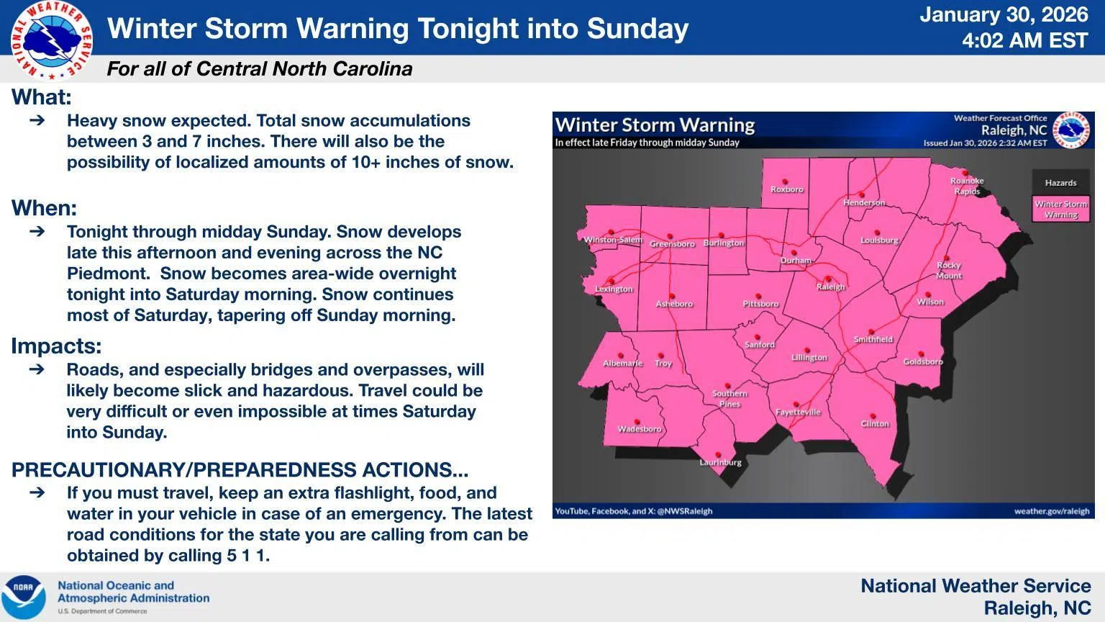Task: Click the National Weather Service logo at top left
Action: point(51,40)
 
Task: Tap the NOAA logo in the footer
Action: point(23,597)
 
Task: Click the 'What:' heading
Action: point(42,97)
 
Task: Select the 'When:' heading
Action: point(45,208)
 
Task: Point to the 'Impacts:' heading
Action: point(56,346)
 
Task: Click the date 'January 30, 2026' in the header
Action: point(1004,14)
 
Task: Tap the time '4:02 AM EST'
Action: point(1025,40)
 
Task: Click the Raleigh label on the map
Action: point(830,287)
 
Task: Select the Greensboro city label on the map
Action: point(672,244)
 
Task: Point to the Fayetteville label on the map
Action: point(798,413)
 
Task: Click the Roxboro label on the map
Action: point(786,190)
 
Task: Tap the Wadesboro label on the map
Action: point(639,429)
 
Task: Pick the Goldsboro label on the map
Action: point(922,362)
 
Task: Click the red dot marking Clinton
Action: point(873,416)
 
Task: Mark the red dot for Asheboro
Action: point(673,296)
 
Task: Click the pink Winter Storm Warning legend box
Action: point(1060,209)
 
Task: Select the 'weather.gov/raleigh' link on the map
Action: point(1051,511)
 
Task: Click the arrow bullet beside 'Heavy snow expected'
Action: point(37,121)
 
